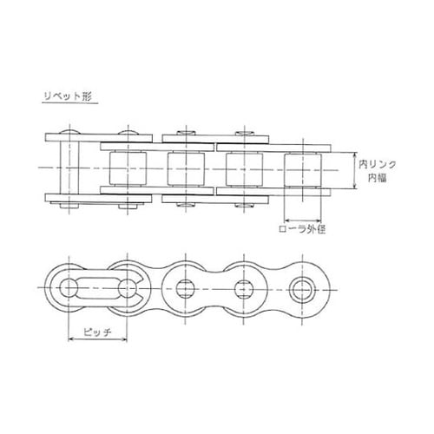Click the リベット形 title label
[68, 96]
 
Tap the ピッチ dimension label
[97, 332]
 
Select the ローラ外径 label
[302, 229]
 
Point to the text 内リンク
[378, 165]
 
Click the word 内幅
[378, 178]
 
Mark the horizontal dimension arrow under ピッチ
[97, 339]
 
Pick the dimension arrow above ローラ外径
[303, 220]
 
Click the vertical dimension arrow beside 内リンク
[355, 170]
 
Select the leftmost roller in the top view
[128, 168]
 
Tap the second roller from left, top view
[186, 169]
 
